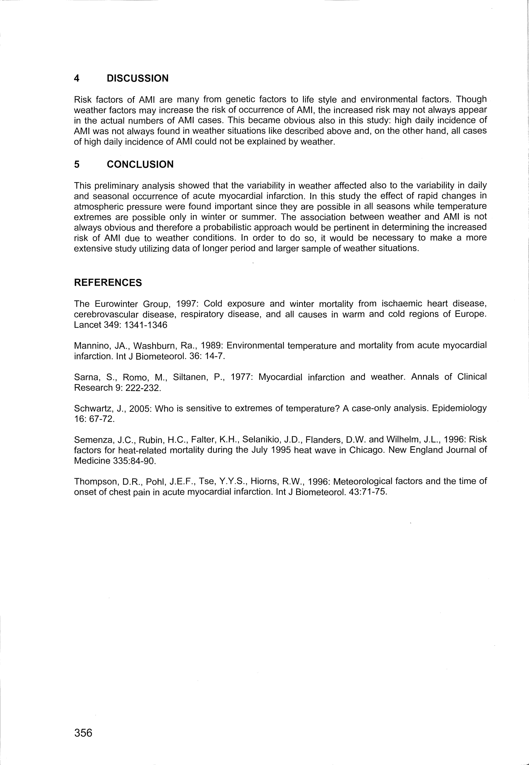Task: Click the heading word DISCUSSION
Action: point(137,78)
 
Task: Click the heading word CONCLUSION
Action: point(140,165)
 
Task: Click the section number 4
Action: point(76,78)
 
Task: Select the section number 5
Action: point(76,165)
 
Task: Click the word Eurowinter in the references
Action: point(117,304)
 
